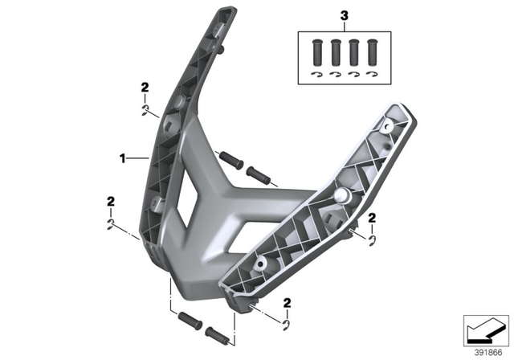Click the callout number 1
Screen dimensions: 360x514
tap(123, 159)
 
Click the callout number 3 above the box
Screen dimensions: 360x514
tap(345, 15)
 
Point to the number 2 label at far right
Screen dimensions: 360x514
tap(372, 219)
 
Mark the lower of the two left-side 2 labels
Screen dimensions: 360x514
tap(110, 201)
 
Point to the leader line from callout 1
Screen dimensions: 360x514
tap(138, 159)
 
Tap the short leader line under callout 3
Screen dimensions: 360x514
tap(345, 27)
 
